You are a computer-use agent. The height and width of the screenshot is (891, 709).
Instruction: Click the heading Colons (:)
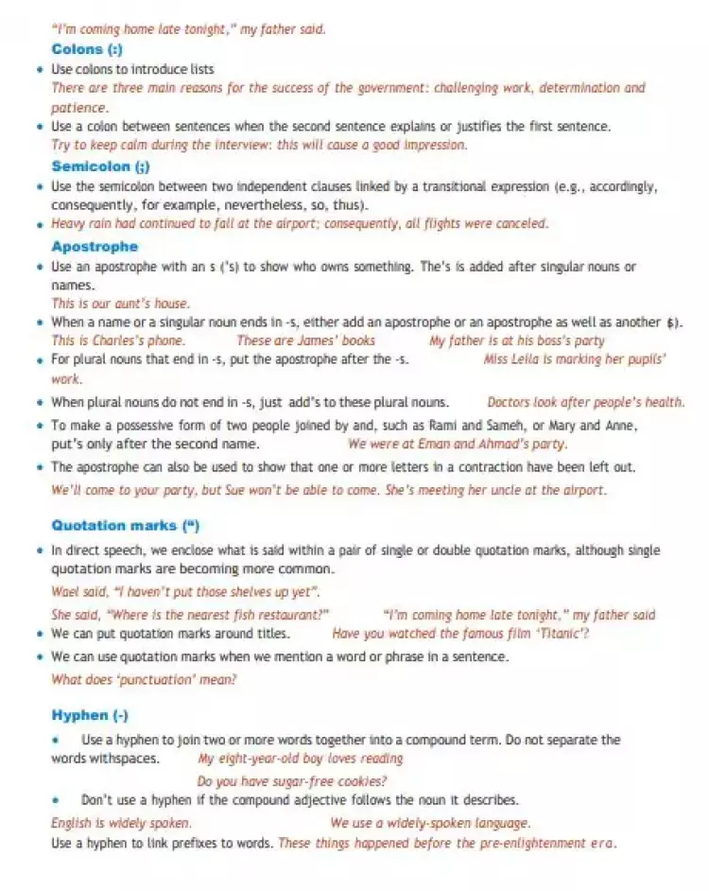point(87,49)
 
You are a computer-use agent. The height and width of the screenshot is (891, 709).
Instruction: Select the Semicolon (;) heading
point(99,166)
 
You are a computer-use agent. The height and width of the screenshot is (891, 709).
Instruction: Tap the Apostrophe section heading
point(95,247)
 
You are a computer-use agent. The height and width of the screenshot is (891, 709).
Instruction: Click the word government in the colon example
point(393,88)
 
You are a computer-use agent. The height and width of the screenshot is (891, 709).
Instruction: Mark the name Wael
point(65,592)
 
